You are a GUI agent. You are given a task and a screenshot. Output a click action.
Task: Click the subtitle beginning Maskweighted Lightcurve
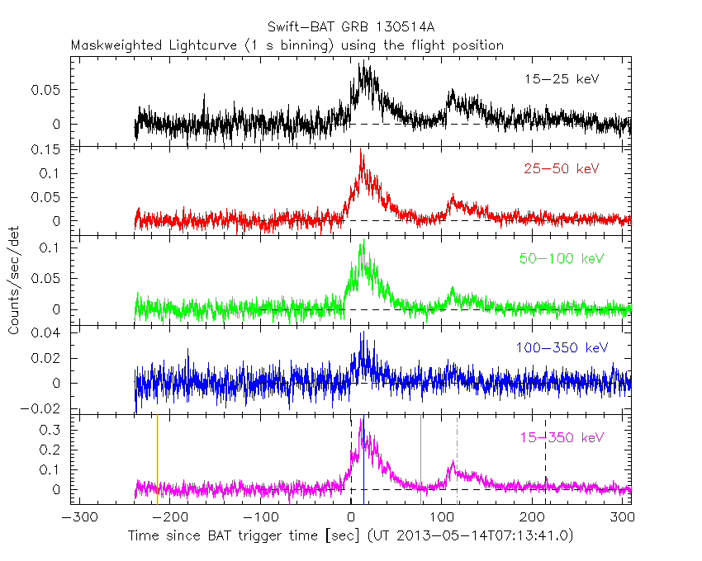coord(287,45)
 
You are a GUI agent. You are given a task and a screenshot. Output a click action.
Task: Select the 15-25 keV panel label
coord(561,80)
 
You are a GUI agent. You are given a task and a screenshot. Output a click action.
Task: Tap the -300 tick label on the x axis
coord(77,518)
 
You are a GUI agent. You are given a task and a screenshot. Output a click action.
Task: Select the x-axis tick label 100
coord(443,518)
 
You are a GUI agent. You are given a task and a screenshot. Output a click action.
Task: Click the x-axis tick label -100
coord(259,518)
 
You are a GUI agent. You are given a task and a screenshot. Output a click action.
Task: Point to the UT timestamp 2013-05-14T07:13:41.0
coord(484,535)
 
